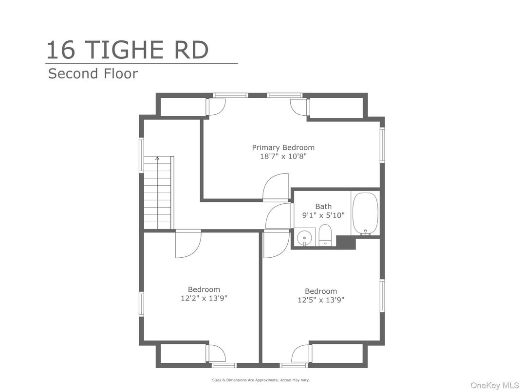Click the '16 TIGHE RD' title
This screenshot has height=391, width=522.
click(x=127, y=50)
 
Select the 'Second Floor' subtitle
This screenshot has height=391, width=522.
click(x=93, y=73)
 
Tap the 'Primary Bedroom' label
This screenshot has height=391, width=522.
click(x=283, y=147)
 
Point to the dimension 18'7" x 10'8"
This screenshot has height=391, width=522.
click(x=283, y=156)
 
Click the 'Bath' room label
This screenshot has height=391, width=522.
click(x=323, y=207)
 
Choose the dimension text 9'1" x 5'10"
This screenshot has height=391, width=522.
click(x=323, y=215)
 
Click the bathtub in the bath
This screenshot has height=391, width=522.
click(x=366, y=214)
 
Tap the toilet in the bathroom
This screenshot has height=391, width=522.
click(x=325, y=235)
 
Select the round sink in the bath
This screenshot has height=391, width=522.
click(x=304, y=237)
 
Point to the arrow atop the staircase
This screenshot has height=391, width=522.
click(x=157, y=158)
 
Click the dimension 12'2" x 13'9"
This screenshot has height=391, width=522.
click(x=204, y=298)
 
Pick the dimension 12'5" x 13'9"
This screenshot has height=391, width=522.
click(x=321, y=300)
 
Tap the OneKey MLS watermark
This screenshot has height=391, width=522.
click(x=494, y=385)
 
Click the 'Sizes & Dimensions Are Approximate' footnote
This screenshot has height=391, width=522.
click(x=261, y=380)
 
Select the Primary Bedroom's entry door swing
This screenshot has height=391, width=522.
click(x=276, y=187)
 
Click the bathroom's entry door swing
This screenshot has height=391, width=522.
click(x=279, y=216)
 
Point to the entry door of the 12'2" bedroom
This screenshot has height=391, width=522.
click(x=188, y=244)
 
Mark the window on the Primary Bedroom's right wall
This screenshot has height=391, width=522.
click(x=383, y=145)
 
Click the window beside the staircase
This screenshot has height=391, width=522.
click(x=141, y=155)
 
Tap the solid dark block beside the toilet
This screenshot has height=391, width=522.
click(x=346, y=242)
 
